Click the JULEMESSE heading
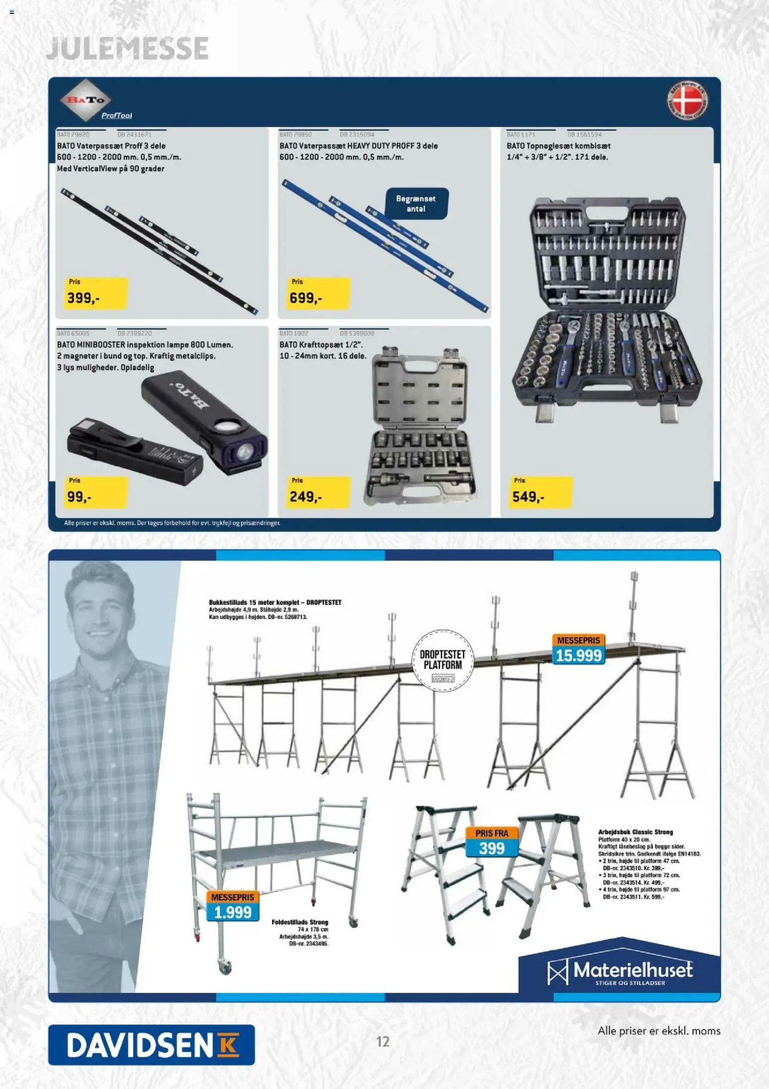coord(127,48)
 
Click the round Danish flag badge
coord(687,101)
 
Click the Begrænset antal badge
coord(416,203)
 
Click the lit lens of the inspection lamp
coord(244,452)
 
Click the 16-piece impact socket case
coord(419,426)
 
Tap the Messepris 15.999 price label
coord(578,650)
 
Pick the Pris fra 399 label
coord(491,842)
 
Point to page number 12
coord(383,1041)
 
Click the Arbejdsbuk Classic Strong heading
coord(635,832)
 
